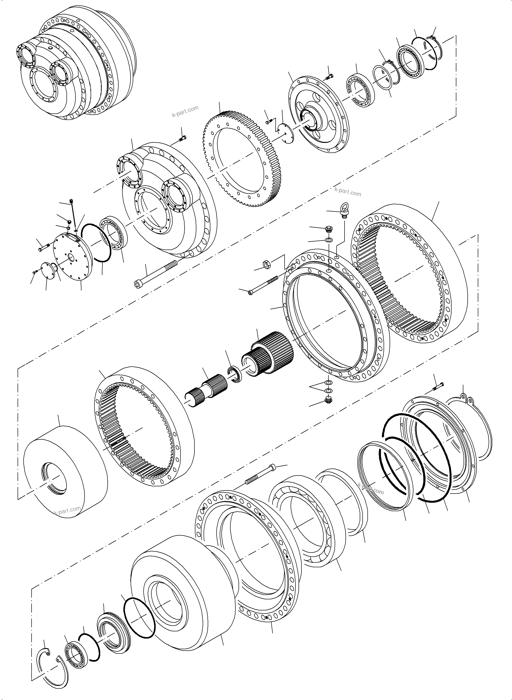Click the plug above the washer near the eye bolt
pyautogui.click(x=328, y=230)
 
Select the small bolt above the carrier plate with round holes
pyautogui.click(x=329, y=75)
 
